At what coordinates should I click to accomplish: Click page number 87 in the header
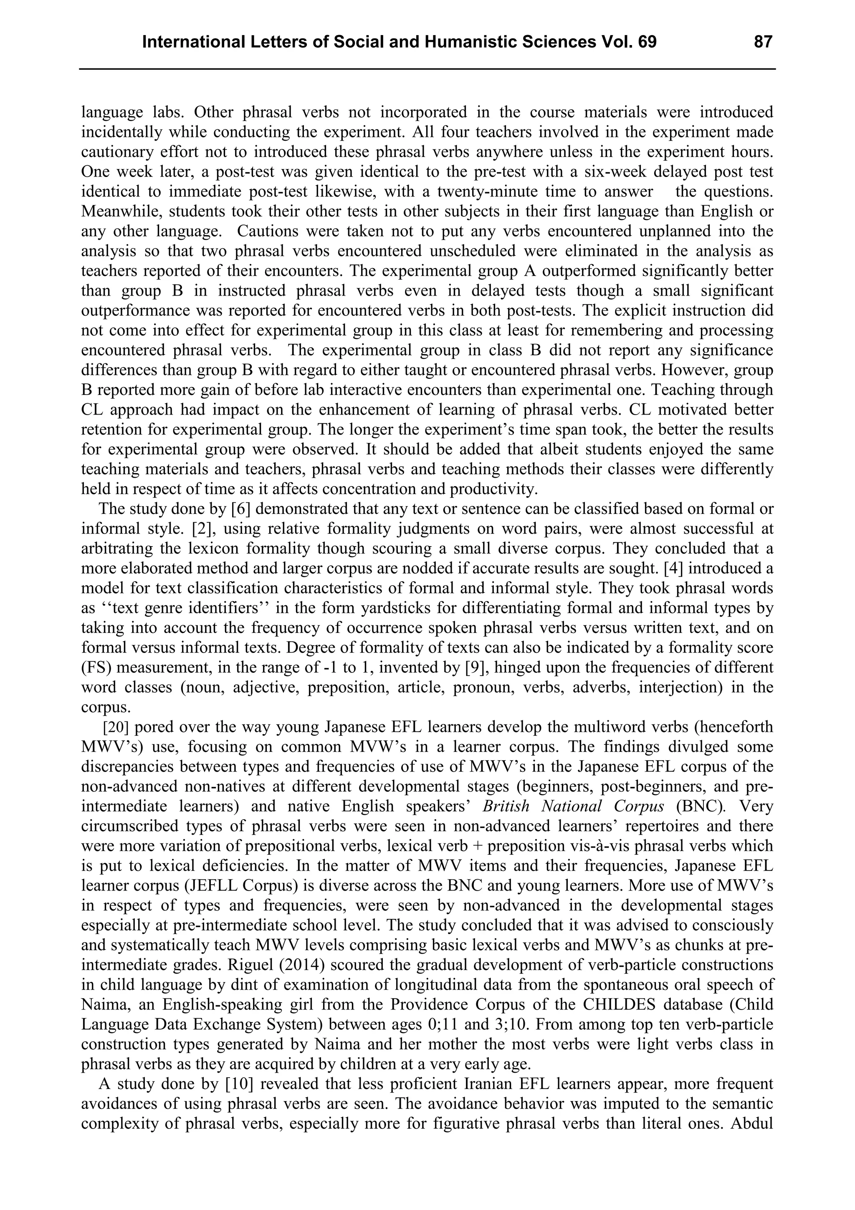763,42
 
